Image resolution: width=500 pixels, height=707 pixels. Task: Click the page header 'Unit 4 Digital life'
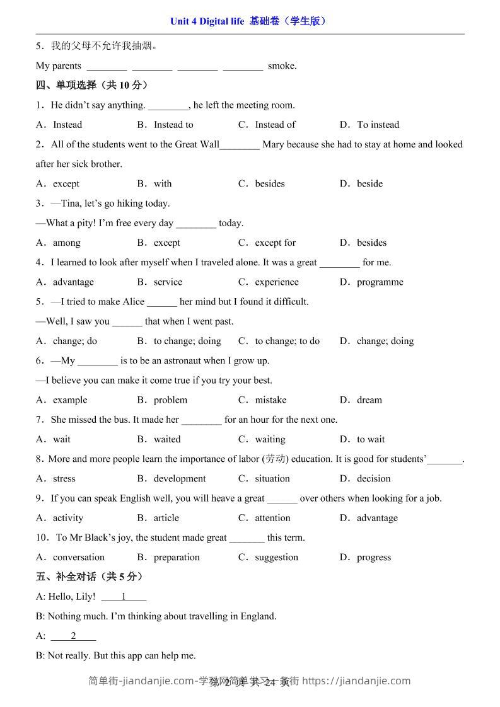pos(207,21)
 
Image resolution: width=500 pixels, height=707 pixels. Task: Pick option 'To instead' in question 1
pos(378,125)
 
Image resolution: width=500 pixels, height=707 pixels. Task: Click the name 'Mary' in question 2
pos(273,144)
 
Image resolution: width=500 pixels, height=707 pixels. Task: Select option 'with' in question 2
pos(163,184)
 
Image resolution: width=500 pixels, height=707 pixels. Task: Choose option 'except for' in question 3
pos(275,243)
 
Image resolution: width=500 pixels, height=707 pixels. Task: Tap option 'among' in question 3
pos(66,243)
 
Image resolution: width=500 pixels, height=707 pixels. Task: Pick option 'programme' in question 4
pos(380,282)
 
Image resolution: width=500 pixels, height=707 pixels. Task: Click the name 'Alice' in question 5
pos(131,302)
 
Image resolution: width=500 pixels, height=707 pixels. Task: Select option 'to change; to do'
pos(287,341)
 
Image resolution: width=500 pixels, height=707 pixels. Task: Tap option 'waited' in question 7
pos(167,439)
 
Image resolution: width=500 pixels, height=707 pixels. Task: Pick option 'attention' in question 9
pos(272,518)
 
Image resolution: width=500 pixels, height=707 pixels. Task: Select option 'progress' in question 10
pos(374,558)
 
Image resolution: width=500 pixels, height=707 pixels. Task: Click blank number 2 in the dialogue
pos(73,636)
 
